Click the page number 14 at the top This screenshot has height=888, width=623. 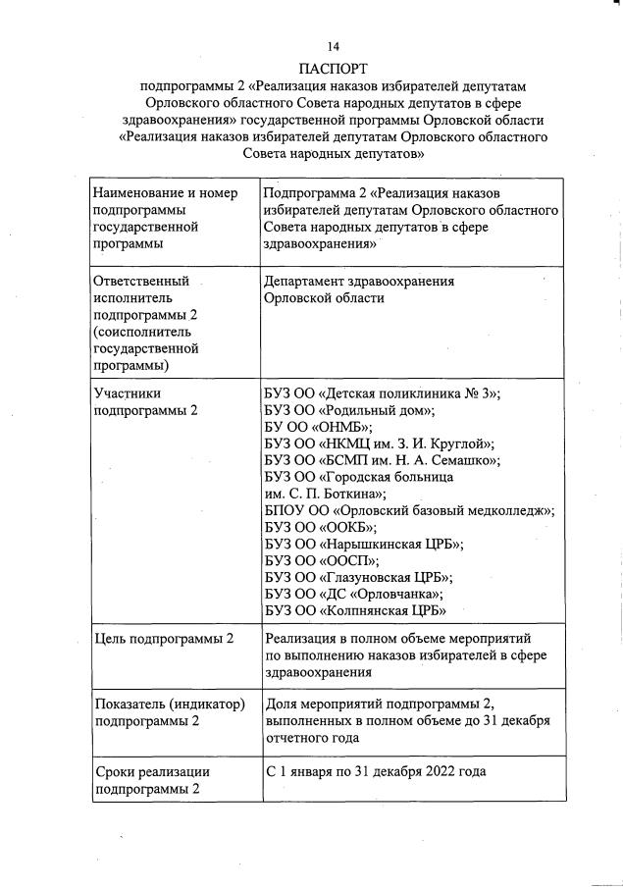coord(334,46)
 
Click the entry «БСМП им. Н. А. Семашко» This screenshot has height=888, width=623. coord(383,460)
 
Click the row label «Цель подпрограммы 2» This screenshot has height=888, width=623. coord(163,639)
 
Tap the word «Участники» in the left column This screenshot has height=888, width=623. coord(126,392)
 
